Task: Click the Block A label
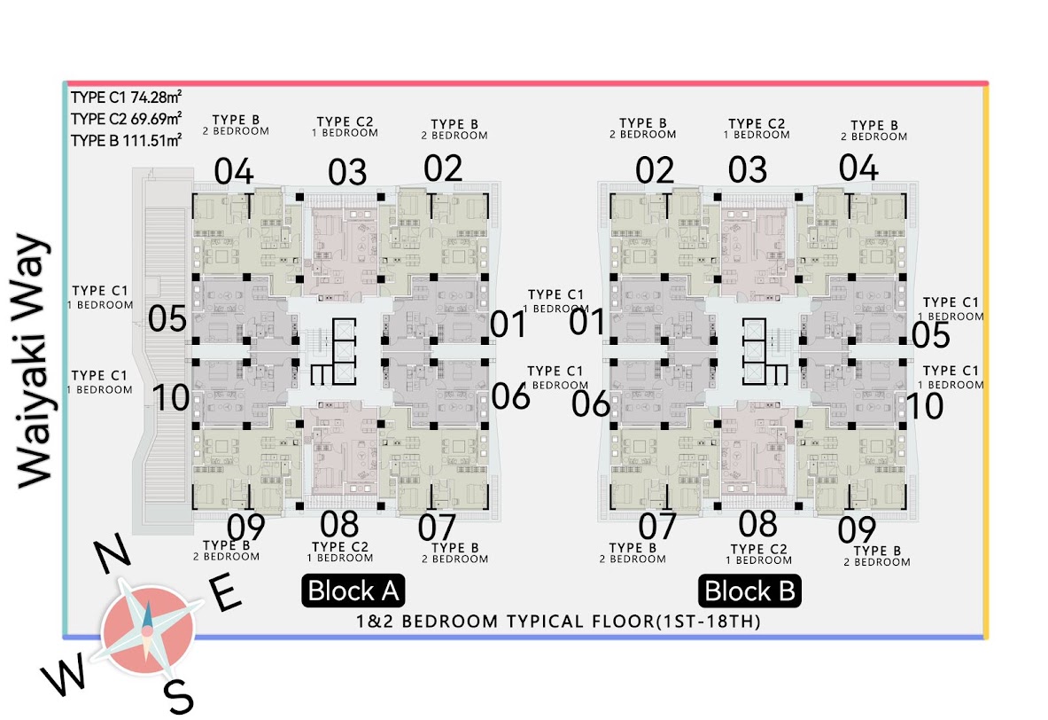[x=353, y=591]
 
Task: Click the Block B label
[x=749, y=591]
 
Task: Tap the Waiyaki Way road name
[x=34, y=362]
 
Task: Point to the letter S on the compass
[x=179, y=696]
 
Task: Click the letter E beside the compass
[x=225, y=592]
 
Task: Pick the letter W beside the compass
[x=64, y=672]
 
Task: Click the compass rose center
[x=148, y=630]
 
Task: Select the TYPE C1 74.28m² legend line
[x=127, y=98]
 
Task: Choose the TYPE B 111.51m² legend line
[x=127, y=140]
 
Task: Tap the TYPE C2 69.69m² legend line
[x=127, y=119]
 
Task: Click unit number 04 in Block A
[x=234, y=171]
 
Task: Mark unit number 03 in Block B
[x=747, y=170]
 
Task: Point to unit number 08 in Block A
[x=339, y=524]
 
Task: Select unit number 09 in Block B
[x=857, y=529]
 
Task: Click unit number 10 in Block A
[x=171, y=397]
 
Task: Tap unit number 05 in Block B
[x=930, y=335]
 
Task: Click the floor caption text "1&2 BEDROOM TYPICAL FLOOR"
[x=505, y=622]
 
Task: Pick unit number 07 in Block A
[x=437, y=528]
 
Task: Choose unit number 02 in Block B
[x=655, y=170]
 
